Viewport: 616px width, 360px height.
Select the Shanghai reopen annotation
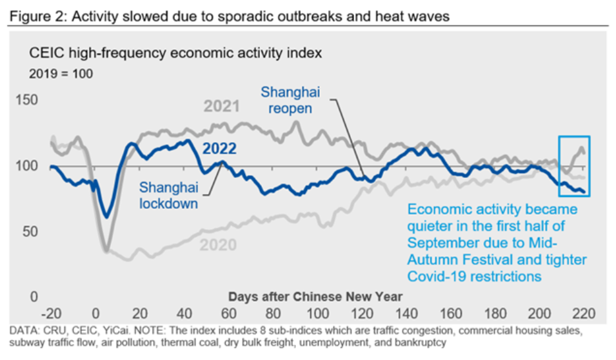coord(290,100)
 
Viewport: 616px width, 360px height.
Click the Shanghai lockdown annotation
coord(168,195)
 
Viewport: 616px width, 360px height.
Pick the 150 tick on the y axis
coord(26,100)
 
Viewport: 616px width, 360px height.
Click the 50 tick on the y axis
coord(30,231)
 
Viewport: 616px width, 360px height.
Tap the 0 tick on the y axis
coord(34,297)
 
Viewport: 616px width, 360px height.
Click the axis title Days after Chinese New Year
coord(315,297)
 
